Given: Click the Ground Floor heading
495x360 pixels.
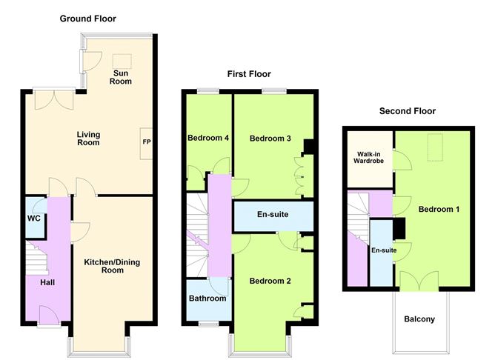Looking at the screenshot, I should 87,19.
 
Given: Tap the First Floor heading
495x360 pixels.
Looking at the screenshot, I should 249,74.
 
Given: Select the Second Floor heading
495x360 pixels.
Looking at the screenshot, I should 407,111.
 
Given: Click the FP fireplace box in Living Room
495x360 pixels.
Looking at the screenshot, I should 146,139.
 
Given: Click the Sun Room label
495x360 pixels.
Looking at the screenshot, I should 122,77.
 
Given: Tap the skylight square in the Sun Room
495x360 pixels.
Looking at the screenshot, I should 120,60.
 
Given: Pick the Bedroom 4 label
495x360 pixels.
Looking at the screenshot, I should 208,139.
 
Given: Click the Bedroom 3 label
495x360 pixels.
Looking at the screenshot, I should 270,139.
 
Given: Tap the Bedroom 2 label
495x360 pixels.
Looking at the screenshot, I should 270,281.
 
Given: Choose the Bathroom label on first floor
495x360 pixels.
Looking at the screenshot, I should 207,299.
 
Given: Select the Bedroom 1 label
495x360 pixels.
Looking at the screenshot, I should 439,210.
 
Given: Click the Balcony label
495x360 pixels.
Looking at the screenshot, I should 419,320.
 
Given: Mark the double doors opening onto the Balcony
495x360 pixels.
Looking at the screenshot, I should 419,281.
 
